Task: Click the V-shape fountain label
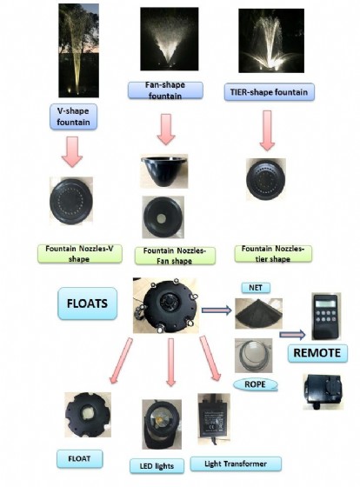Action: pyautogui.click(x=73, y=117)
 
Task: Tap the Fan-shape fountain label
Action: pyautogui.click(x=165, y=90)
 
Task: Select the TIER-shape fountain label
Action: pyautogui.click(x=269, y=92)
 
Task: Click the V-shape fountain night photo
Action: pyautogui.click(x=78, y=50)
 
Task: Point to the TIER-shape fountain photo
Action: pyautogui.click(x=271, y=41)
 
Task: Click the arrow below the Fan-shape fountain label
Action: pyautogui.click(x=166, y=130)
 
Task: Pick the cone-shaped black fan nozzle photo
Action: pyautogui.click(x=164, y=171)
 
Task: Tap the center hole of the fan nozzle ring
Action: pyautogui.click(x=162, y=218)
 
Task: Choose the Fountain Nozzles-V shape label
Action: pyautogui.click(x=80, y=254)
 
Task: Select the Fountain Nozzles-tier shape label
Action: pyautogui.click(x=273, y=254)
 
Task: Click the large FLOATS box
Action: pyautogui.click(x=87, y=304)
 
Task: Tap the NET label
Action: pyautogui.click(x=256, y=288)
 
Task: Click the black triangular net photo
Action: pyautogui.click(x=258, y=314)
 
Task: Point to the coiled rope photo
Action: pyautogui.click(x=253, y=356)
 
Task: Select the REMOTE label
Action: pyautogui.click(x=317, y=353)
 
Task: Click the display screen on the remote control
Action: pyautogui.click(x=325, y=303)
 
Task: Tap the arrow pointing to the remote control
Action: pyautogui.click(x=292, y=335)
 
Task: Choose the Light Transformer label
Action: pyautogui.click(x=236, y=464)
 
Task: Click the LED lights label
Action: pyautogui.click(x=157, y=466)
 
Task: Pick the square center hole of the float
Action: pyautogui.click(x=87, y=412)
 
